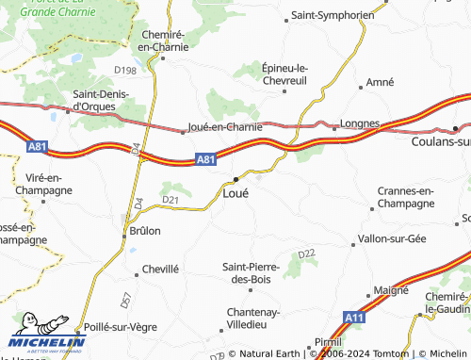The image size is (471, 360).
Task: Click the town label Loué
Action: tap(235, 193)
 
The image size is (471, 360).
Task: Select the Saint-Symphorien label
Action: tap(333, 16)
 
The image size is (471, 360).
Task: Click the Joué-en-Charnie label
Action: tap(225, 126)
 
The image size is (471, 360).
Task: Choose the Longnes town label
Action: tap(360, 123)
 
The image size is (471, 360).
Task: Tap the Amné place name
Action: tap(380, 83)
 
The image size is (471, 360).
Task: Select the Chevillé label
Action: tap(160, 270)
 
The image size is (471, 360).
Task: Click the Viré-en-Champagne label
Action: tap(39, 184)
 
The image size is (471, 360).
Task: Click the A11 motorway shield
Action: tap(354, 318)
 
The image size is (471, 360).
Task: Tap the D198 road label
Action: tap(125, 70)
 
